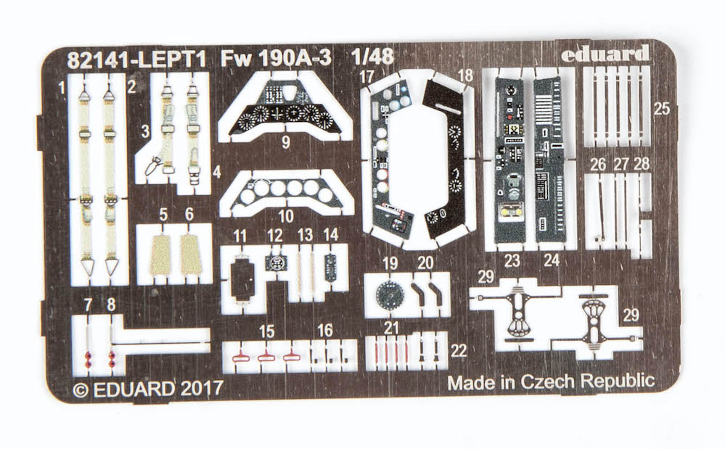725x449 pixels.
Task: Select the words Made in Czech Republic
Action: point(551,382)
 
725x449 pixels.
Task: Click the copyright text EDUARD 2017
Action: point(148,389)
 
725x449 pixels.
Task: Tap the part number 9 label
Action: point(285,143)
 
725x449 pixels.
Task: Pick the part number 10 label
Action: point(285,215)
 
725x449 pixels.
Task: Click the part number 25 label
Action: point(660,110)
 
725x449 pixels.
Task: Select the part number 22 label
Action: point(459,350)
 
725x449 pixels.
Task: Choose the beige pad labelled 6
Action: point(191,255)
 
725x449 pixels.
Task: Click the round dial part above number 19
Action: point(391,293)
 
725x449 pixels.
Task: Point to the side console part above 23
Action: point(513,160)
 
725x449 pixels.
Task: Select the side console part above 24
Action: point(549,160)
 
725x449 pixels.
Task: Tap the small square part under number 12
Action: point(276,263)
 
